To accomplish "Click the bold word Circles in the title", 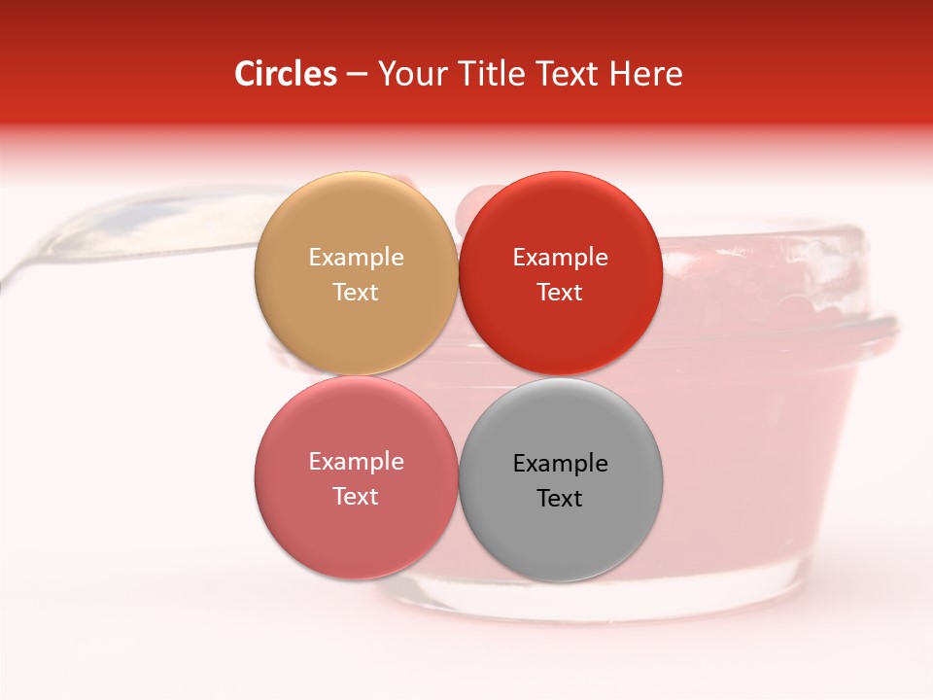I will coord(286,74).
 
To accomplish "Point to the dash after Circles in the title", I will coord(357,75).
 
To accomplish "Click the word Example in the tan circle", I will coord(356,258).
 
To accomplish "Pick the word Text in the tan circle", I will coord(356,292).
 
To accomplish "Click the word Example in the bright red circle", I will coord(560,258).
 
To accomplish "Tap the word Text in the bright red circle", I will coord(560,292).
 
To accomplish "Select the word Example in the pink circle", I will coord(356,462).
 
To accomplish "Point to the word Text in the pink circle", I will coord(356,496).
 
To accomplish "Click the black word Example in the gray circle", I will coord(560,464).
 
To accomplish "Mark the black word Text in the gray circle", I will coord(560,498).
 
